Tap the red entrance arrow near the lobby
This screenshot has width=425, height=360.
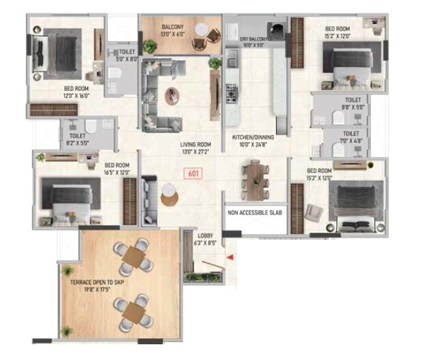pyautogui.click(x=230, y=257)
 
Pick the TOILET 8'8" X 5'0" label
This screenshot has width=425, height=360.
pyautogui.click(x=351, y=103)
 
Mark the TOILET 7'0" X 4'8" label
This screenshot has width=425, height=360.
pyautogui.click(x=351, y=137)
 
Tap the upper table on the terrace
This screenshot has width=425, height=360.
pyautogui.click(x=133, y=257)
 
